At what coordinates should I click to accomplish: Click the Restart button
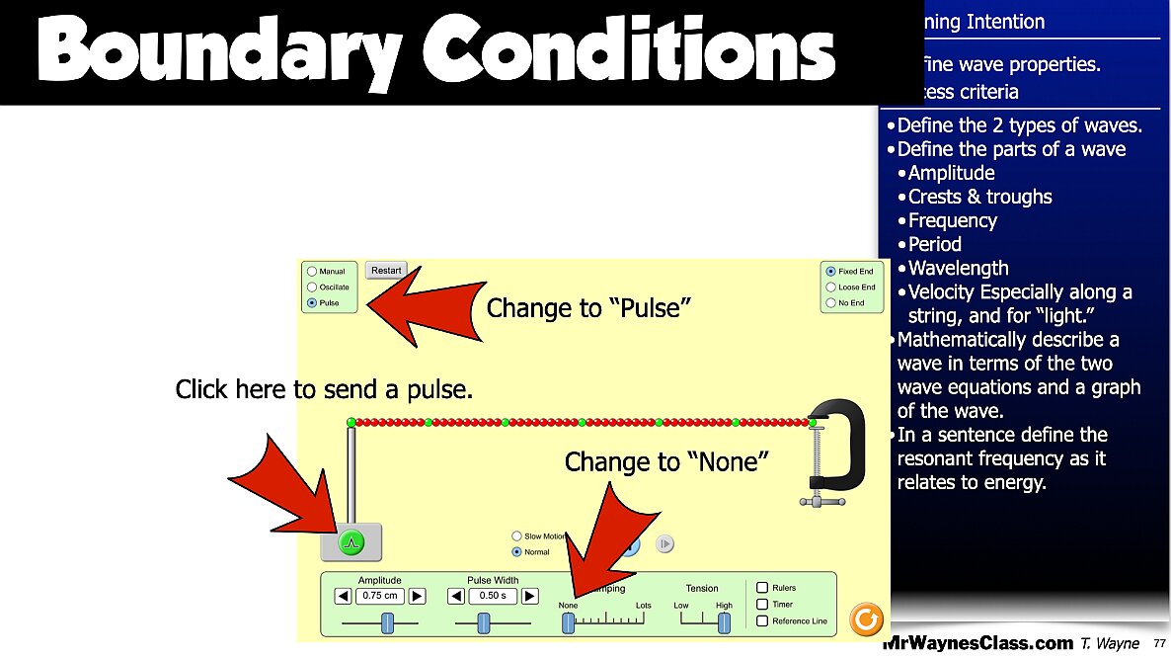click(386, 270)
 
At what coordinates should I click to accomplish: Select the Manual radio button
click(312, 271)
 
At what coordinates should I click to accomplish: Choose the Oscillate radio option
click(312, 287)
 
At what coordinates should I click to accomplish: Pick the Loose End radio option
click(831, 287)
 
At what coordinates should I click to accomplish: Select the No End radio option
click(831, 302)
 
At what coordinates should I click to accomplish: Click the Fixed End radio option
click(831, 271)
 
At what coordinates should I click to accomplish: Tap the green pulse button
click(351, 541)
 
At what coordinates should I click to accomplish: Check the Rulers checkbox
click(762, 588)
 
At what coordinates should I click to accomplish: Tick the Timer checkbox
click(762, 604)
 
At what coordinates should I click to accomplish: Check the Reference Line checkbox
click(762, 620)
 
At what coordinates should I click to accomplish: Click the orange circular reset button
click(866, 619)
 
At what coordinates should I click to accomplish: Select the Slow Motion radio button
click(516, 536)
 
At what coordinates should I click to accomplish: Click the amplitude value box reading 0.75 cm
click(380, 596)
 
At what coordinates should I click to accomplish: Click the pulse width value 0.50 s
click(492, 596)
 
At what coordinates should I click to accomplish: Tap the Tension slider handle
click(724, 621)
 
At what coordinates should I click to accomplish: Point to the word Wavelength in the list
click(958, 268)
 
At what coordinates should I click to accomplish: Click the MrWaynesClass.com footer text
click(976, 643)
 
